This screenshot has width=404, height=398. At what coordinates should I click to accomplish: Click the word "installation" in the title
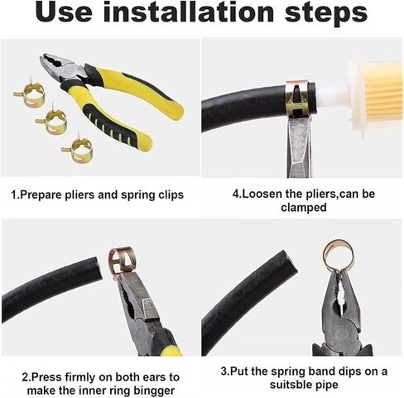pos(188,12)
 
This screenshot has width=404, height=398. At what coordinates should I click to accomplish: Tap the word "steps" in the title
pos(326,14)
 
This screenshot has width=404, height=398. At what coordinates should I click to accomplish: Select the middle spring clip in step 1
pos(52,120)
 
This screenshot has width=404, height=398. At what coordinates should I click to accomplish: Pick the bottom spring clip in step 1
pos(78,150)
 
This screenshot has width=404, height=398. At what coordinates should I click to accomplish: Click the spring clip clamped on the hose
pos(297,98)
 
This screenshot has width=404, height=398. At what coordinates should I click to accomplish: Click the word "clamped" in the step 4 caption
pos(303,207)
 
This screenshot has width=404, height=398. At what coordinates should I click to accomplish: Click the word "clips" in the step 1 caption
pos(171,195)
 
